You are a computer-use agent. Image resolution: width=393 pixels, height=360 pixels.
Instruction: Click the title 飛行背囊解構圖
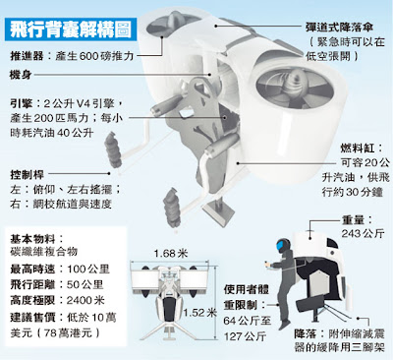[x=71, y=30]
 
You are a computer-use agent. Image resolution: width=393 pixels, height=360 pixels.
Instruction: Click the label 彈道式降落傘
[x=340, y=27]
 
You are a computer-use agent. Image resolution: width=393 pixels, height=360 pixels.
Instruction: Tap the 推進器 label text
[x=27, y=56]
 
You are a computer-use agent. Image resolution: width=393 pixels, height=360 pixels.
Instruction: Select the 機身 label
[x=21, y=75]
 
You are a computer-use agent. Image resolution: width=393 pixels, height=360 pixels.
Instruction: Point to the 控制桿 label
[x=27, y=174]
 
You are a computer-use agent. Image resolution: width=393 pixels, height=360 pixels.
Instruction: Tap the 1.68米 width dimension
[x=171, y=253]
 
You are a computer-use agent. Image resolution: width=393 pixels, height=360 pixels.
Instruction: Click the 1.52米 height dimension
[x=199, y=312]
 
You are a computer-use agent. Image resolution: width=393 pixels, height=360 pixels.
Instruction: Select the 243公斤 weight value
[x=363, y=233]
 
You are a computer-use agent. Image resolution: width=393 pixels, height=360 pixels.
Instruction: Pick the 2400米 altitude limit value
[x=85, y=300]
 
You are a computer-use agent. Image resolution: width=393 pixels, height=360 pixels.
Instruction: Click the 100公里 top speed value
[x=88, y=270]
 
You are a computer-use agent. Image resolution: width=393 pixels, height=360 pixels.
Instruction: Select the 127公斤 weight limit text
[x=245, y=336]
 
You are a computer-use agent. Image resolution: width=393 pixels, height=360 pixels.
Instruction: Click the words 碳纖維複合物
[x=43, y=252]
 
